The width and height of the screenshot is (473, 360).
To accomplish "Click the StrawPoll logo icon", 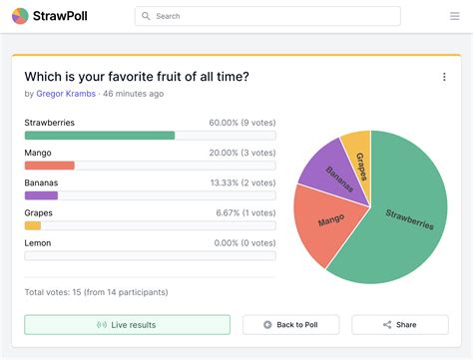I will click(x=20, y=16).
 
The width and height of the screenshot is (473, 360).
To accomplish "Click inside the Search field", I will click(x=269, y=16).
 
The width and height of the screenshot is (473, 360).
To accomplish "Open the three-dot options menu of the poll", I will click(x=444, y=77).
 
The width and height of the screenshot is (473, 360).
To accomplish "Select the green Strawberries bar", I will click(x=99, y=136).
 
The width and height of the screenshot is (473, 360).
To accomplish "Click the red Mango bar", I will click(x=49, y=166).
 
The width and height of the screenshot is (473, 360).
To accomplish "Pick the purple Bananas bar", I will click(x=41, y=195).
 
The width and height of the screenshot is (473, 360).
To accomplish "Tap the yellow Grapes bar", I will click(x=33, y=225).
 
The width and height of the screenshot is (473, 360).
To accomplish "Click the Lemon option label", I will click(x=38, y=242).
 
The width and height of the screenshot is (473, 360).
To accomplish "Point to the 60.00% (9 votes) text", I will click(x=241, y=123).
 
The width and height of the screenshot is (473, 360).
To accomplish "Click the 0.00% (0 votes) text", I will click(x=243, y=242).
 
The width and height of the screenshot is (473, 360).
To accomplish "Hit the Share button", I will click(x=399, y=325).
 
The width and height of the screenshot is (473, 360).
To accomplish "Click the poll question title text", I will click(x=137, y=77).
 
